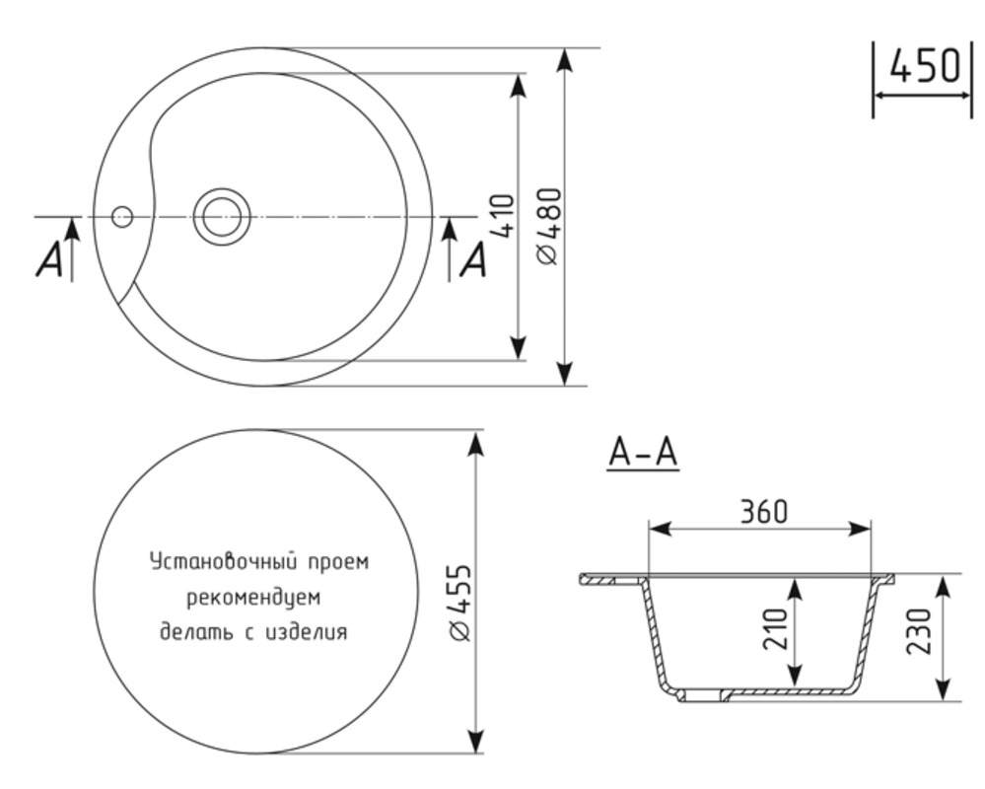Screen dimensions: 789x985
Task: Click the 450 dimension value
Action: click(924, 66)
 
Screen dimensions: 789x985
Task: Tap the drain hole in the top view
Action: click(219, 215)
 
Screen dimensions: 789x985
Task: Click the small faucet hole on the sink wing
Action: click(121, 216)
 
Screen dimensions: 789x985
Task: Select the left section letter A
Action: click(49, 260)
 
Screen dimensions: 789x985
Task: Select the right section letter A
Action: click(474, 260)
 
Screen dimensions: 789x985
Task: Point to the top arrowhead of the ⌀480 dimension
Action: click(564, 59)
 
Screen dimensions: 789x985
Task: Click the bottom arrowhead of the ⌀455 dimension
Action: click(476, 742)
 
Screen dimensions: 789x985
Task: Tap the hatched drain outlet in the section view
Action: click(702, 695)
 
